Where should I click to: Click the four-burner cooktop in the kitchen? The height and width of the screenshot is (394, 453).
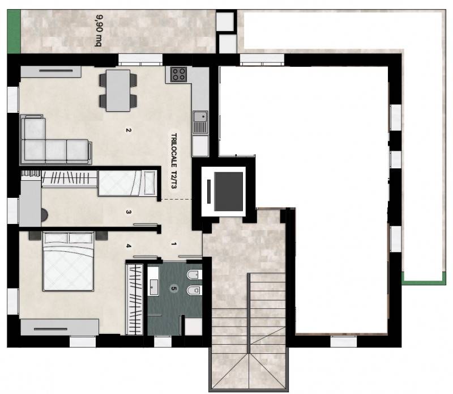pos(178,74)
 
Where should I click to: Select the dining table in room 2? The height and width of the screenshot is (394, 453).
pos(118,91)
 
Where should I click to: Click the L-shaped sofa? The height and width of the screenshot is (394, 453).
pos(55,139)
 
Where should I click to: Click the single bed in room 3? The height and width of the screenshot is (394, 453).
pos(127,183)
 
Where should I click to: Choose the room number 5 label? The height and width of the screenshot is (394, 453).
pos(173,289)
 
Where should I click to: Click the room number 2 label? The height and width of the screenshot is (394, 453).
pos(129,130)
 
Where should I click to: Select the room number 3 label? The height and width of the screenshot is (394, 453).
pos(129,212)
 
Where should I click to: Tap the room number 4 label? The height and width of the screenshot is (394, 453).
pos(129,246)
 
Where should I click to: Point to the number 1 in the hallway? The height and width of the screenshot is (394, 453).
pos(173,244)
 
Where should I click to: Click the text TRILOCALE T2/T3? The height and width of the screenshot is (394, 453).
pos(174,161)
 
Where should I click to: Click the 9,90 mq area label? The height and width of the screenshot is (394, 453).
pos(98,31)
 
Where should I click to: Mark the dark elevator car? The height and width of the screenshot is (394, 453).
pos(228,192)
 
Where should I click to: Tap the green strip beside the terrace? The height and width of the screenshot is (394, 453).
pos(14,32)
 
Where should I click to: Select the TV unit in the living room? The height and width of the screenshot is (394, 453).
pos(51,71)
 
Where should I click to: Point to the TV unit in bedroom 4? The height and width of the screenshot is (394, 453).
pos(59,328)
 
